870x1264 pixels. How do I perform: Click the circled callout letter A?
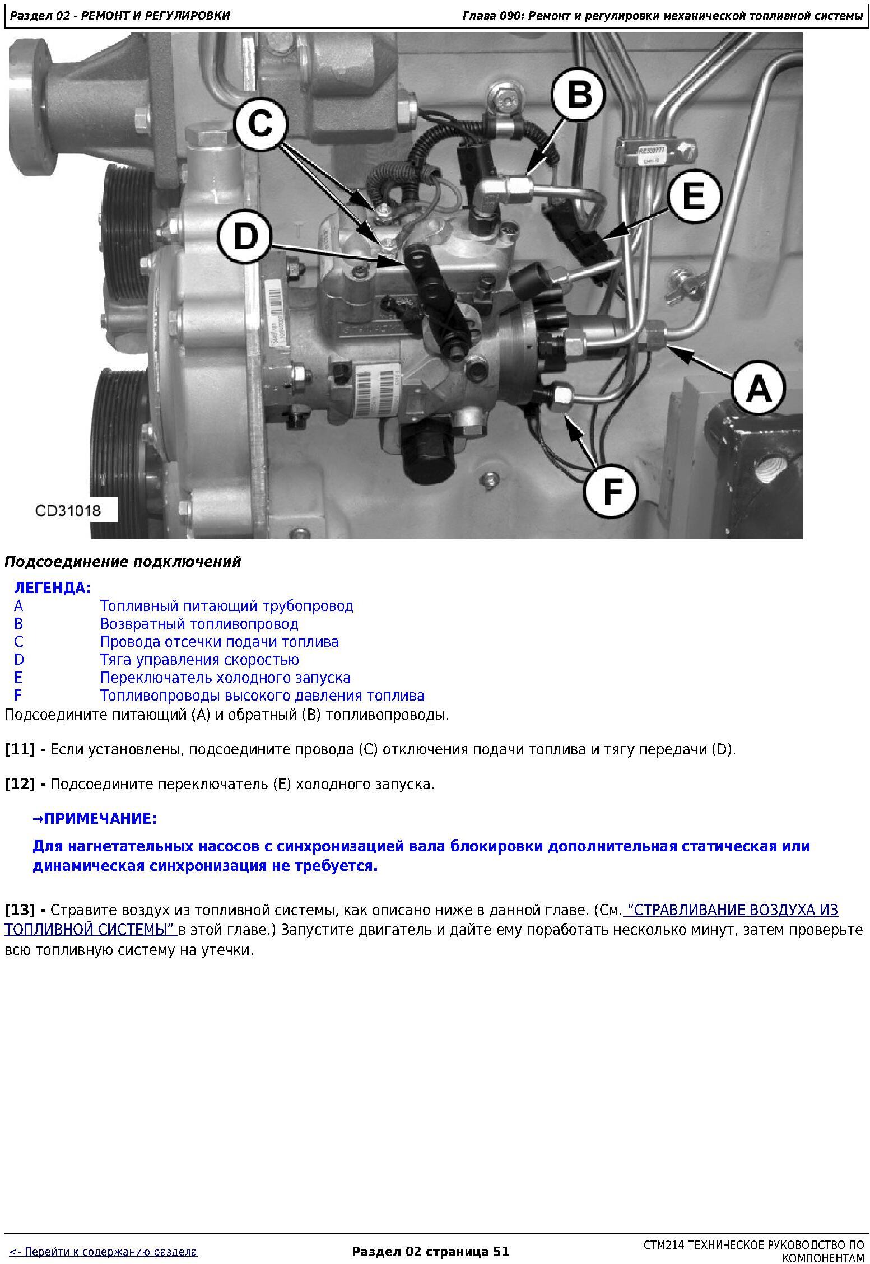coord(759,388)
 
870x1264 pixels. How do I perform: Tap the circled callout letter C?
coord(261,124)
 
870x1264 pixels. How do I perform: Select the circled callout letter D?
coord(245,238)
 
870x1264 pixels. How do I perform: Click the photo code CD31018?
coord(68,510)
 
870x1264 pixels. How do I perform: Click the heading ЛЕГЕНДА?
coord(52,588)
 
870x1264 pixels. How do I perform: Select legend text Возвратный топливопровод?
coord(199,624)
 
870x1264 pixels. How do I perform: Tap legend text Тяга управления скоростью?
coord(199,660)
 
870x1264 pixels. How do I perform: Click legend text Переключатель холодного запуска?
coord(225,678)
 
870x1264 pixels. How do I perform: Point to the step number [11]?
coord(20,749)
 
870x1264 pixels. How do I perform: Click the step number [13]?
coord(20,910)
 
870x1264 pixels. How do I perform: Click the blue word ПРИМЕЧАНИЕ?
coord(97,819)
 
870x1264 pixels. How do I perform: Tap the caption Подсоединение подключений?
coord(123,562)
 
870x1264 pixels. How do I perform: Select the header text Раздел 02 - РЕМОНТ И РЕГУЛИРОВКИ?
coord(120,16)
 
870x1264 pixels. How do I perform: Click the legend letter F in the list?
coord(18,696)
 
